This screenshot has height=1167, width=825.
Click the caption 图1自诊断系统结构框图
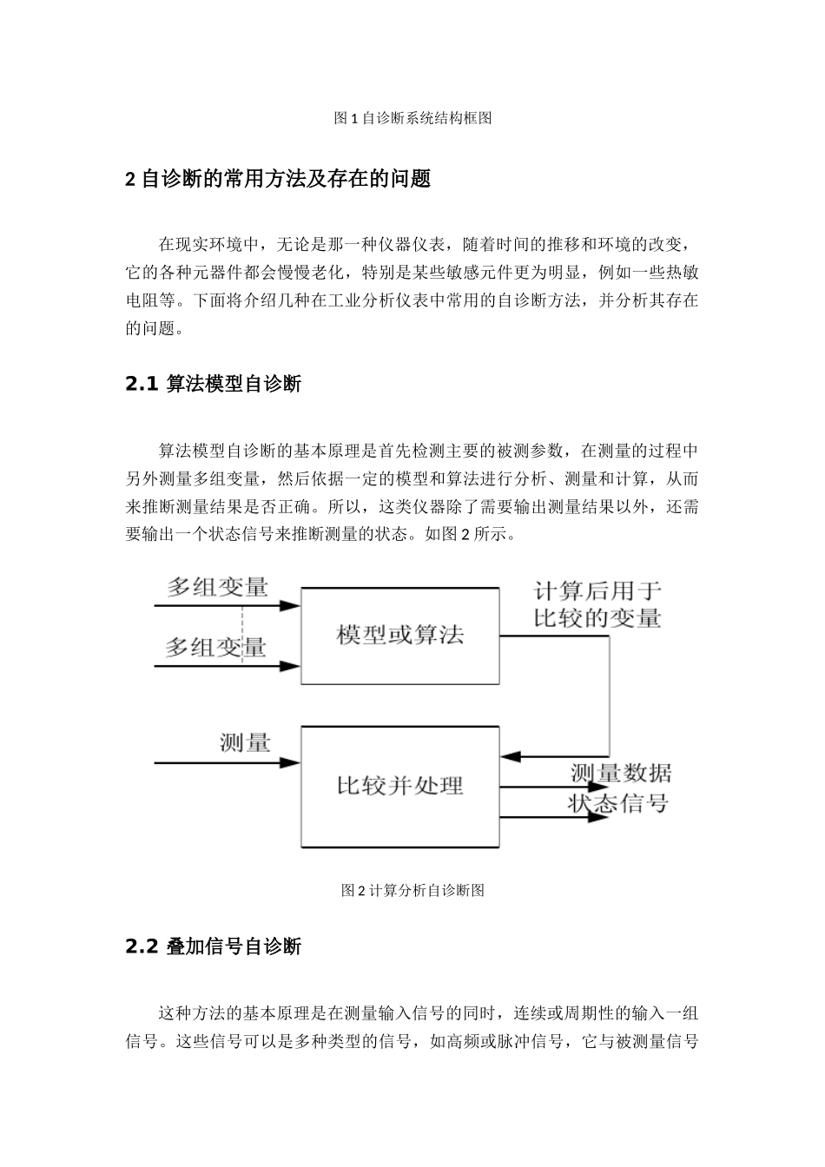click(x=412, y=118)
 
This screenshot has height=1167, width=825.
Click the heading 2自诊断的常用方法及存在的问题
click(x=278, y=180)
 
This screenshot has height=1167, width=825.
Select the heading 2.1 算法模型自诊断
click(x=213, y=384)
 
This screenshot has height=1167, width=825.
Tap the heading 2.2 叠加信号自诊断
click(x=213, y=946)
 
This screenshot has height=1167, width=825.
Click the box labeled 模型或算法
click(x=399, y=636)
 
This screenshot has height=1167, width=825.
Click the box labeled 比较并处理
click(x=399, y=787)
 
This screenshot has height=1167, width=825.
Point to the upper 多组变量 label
click(x=217, y=588)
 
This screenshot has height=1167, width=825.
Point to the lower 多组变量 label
click(x=216, y=648)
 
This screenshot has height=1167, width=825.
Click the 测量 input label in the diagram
click(x=245, y=742)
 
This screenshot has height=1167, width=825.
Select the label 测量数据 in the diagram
click(x=620, y=772)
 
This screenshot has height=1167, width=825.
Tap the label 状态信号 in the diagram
click(x=617, y=803)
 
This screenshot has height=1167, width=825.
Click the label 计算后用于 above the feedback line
click(x=597, y=591)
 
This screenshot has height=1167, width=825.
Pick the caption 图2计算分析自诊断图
click(x=412, y=890)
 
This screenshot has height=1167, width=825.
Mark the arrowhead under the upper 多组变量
click(x=290, y=605)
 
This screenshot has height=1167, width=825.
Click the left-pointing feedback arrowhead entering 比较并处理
click(x=512, y=756)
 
